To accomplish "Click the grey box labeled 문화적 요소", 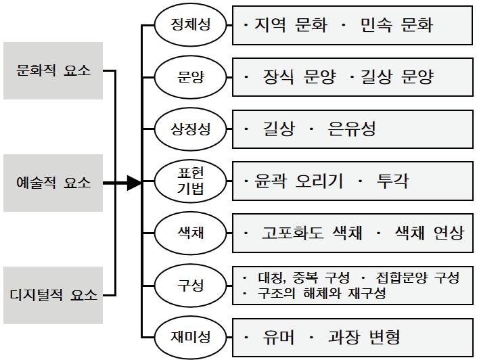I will click(53, 70).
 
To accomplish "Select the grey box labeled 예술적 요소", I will click(53, 183).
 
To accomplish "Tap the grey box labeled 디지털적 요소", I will click(53, 295).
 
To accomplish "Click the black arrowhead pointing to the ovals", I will click(133, 183).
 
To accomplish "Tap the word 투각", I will click(392, 181).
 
